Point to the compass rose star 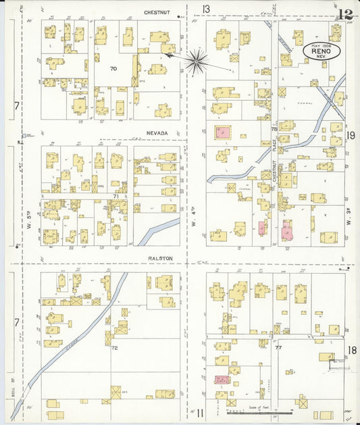pyautogui.click(x=196, y=61)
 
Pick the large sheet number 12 pyautogui.click(x=346, y=14)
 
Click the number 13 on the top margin pyautogui.click(x=205, y=9)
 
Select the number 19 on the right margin pyautogui.click(x=351, y=136)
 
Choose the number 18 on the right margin pyautogui.click(x=352, y=349)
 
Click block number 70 pyautogui.click(x=113, y=68)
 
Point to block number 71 pyautogui.click(x=115, y=197)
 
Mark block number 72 pyautogui.click(x=114, y=348)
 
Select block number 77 pyautogui.click(x=278, y=347)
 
